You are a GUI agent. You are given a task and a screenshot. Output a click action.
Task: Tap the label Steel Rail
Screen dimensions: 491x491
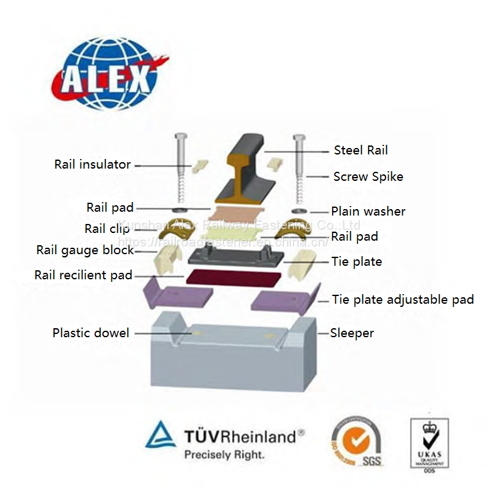point(360,151)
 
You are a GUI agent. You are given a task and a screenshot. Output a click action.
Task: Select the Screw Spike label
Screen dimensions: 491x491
point(367,176)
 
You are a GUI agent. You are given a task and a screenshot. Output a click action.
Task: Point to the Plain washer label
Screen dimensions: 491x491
point(368,211)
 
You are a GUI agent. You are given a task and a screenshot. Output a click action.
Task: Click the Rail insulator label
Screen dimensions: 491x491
point(92,164)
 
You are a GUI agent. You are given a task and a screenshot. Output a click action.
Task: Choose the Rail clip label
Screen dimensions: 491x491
point(107,228)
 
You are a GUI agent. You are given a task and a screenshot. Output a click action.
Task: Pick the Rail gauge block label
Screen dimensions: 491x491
point(85,250)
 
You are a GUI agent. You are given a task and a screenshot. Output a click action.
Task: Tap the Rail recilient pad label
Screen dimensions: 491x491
point(83,275)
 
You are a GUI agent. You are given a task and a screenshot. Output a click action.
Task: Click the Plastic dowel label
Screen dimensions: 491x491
point(91,333)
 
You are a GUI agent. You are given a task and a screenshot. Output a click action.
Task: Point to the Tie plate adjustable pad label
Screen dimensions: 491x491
point(403,299)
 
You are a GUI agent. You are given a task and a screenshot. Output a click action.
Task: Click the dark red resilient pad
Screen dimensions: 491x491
point(233,279)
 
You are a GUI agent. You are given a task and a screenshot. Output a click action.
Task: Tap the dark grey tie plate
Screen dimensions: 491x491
point(238,257)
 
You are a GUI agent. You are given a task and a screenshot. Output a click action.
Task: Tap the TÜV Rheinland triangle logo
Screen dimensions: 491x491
point(160,436)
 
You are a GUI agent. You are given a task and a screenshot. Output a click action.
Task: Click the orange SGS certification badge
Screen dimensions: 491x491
point(355,441)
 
